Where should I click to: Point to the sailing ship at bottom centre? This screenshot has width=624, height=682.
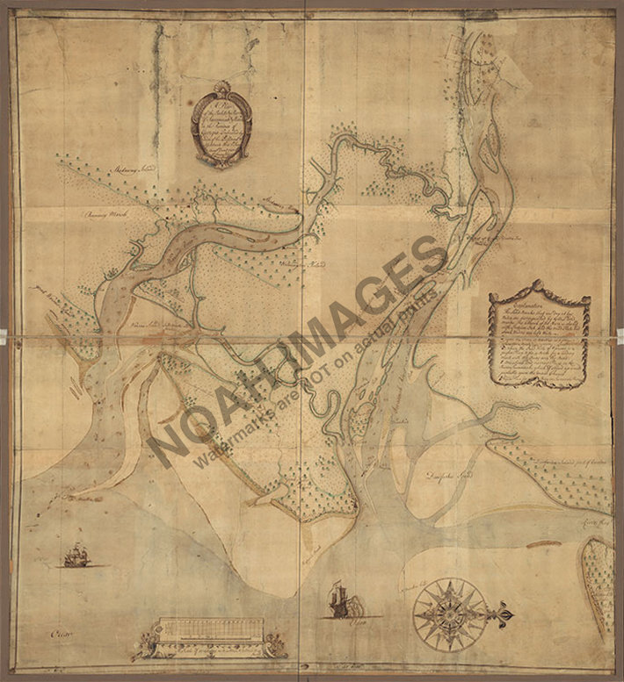(x=340, y=600)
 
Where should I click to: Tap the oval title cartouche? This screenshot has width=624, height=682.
(x=221, y=130)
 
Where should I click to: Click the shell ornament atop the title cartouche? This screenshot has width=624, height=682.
(x=221, y=88)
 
